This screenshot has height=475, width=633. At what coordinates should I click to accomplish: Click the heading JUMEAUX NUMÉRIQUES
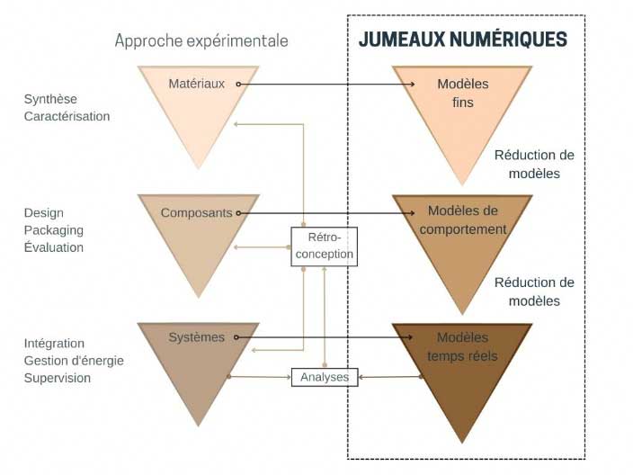[463, 40]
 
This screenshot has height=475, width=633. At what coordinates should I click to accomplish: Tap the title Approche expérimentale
[201, 40]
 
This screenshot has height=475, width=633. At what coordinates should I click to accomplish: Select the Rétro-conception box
[325, 246]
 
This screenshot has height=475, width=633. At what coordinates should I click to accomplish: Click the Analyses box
[325, 377]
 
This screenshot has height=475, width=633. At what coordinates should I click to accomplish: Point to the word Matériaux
[197, 84]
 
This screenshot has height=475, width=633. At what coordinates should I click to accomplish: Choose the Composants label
[197, 213]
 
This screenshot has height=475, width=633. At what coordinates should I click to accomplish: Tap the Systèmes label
[197, 337]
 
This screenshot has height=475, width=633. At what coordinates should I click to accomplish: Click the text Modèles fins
[463, 93]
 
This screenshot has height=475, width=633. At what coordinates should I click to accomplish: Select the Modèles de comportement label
[463, 220]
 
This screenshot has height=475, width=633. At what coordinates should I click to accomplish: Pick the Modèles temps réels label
[463, 346]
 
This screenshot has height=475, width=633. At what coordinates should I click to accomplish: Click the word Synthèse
[50, 99]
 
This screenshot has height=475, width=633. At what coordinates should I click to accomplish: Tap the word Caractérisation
[67, 116]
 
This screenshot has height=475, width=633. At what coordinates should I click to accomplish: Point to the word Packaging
[54, 230]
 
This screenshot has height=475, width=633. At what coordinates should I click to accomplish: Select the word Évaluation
[54, 247]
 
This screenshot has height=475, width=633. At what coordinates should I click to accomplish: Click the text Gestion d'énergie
[74, 361]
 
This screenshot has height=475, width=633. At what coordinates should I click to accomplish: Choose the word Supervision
[58, 378]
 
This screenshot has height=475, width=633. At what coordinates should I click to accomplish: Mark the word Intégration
[54, 344]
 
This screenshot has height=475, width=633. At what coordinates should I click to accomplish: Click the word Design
[43, 213]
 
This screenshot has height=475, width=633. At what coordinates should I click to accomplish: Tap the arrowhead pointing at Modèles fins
[412, 84]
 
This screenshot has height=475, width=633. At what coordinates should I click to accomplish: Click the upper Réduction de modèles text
[534, 165]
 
